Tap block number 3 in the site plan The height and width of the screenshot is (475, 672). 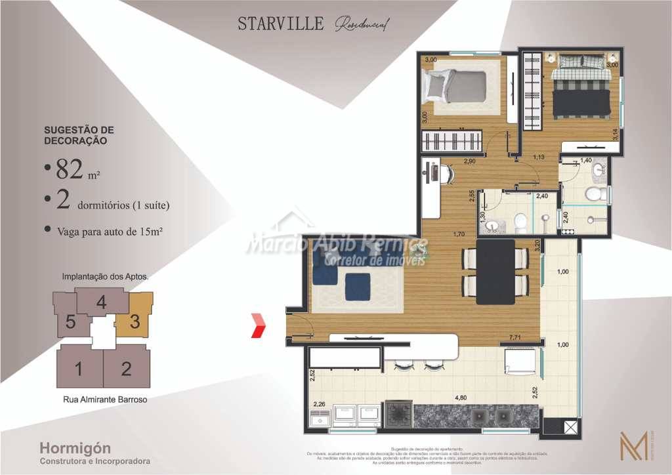coord(134,321)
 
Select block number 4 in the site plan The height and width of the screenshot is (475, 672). coord(101,302)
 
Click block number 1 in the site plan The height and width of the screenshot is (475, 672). coord(79,369)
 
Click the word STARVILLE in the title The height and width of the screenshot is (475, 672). coord(280,24)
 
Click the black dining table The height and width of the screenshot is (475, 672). coord(495,272)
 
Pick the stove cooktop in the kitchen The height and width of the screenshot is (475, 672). coord(397,415)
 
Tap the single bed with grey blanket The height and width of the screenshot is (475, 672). coord(457,86)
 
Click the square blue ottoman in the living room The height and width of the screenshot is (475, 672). coord(357,285)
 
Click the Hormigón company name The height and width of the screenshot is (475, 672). coord(75,448)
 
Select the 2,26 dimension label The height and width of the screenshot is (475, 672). coord(320,404)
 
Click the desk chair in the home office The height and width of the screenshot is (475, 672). coord(446,175)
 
